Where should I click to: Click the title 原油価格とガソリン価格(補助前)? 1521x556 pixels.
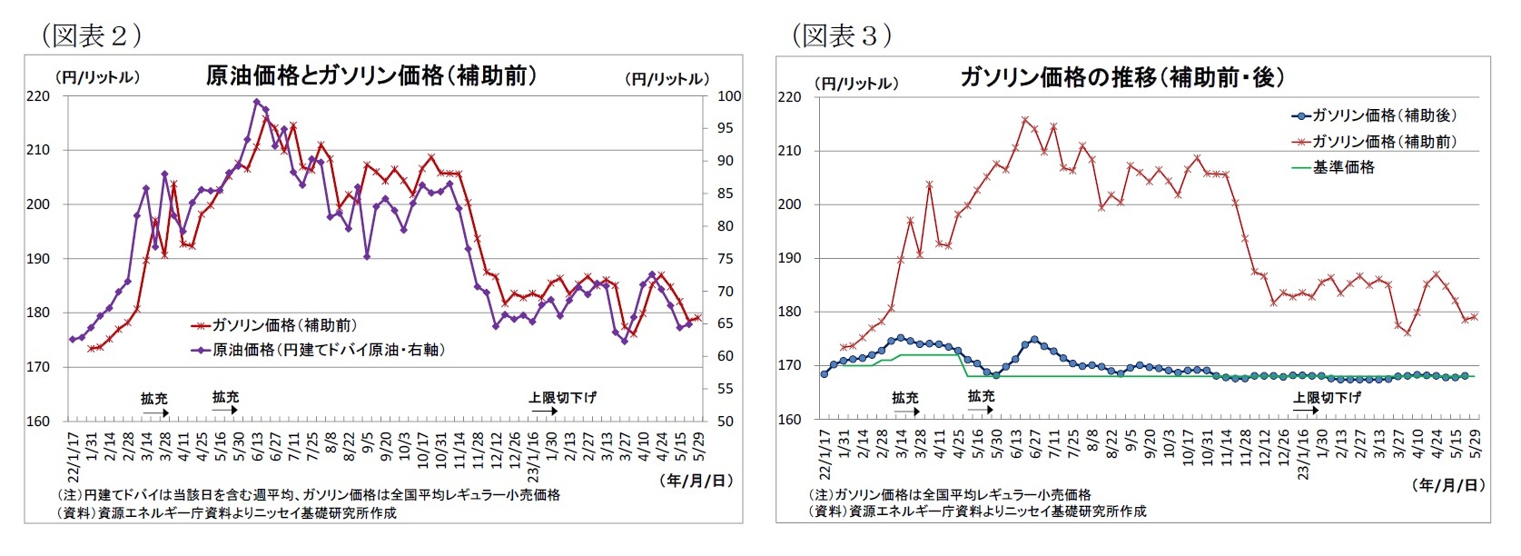click(370, 75)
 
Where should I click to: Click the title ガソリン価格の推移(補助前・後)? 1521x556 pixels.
click(1122, 77)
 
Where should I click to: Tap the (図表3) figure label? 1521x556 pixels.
click(842, 35)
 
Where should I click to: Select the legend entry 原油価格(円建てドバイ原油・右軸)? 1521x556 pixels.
click(328, 350)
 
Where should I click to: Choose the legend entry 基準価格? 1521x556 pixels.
click(1343, 167)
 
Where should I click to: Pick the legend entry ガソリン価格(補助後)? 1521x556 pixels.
click(1383, 115)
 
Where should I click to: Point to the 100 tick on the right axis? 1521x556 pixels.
click(729, 96)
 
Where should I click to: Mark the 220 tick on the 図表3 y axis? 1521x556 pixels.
click(789, 97)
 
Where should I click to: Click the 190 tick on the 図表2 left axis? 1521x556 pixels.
click(39, 259)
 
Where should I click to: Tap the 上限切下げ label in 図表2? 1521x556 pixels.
click(563, 397)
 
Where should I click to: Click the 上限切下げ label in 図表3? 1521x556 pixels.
click(1327, 397)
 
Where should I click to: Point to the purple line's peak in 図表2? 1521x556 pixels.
click(257, 102)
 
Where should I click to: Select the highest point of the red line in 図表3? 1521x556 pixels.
click(1024, 119)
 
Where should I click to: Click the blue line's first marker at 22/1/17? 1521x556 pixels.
click(825, 373)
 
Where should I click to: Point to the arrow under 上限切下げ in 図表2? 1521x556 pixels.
click(545, 412)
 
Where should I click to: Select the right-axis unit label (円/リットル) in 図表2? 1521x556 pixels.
click(667, 79)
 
